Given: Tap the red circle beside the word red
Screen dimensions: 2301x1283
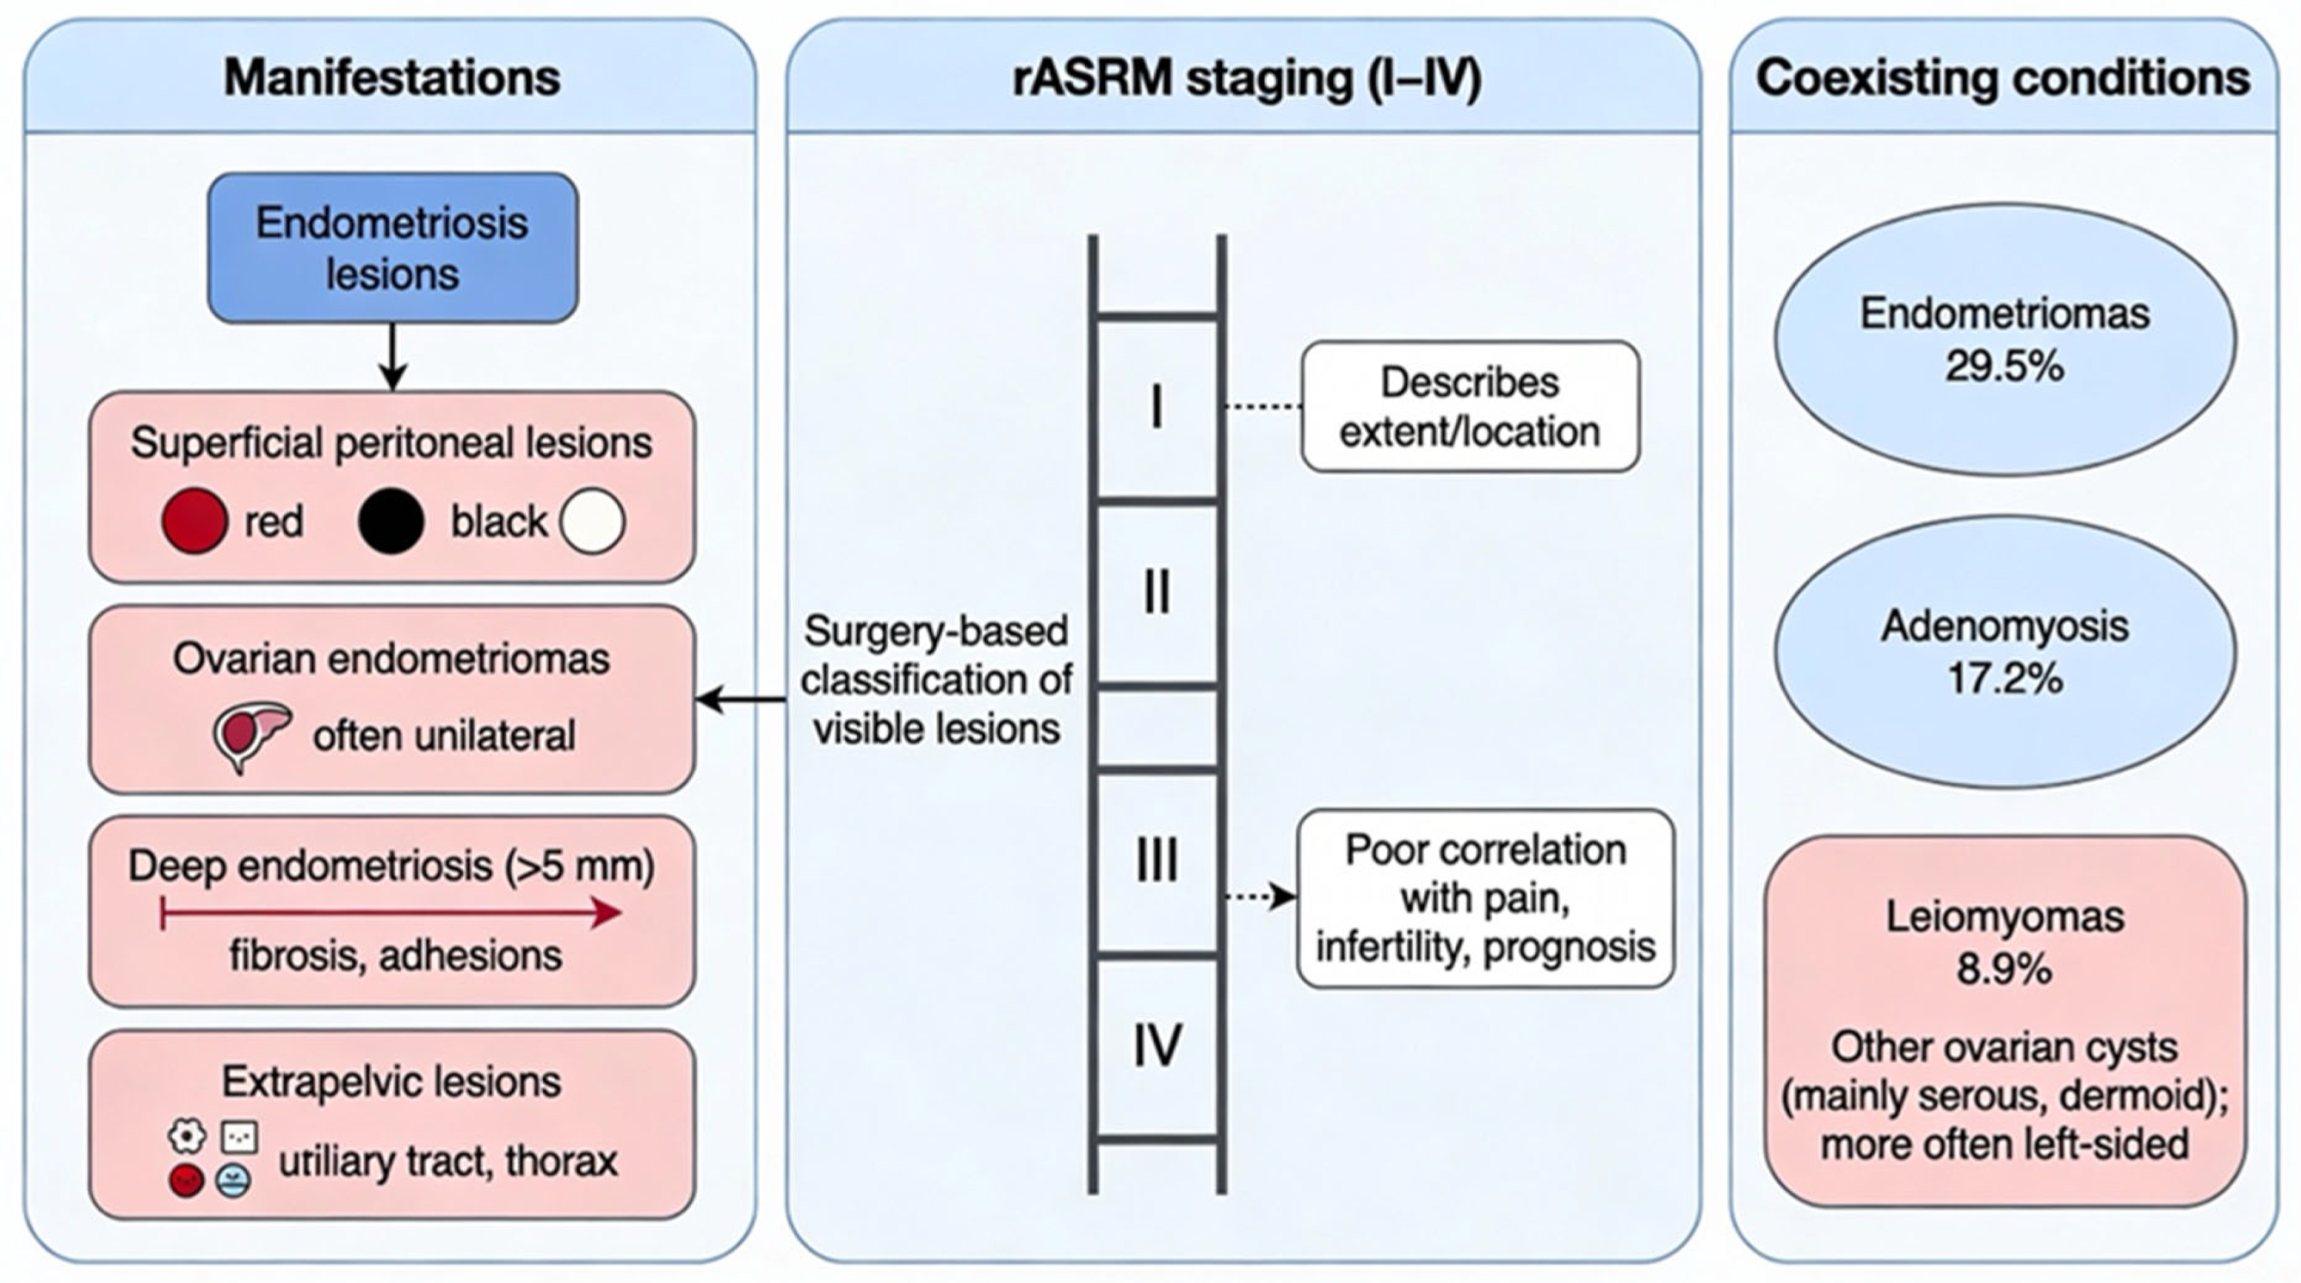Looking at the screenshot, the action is [x=194, y=520].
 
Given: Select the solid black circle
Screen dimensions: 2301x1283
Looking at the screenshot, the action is [x=390, y=520].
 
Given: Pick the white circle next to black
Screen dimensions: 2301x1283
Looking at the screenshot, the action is [x=592, y=520].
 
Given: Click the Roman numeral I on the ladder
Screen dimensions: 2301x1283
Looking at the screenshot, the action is [x=1157, y=407].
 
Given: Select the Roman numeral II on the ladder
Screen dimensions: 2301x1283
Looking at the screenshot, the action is [x=1157, y=592].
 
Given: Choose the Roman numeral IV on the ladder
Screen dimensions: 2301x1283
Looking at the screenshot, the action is [x=1158, y=1045].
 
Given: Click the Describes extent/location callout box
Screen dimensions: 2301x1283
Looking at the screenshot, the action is [x=1471, y=407].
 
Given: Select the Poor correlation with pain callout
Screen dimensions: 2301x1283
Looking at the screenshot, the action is [x=1486, y=898].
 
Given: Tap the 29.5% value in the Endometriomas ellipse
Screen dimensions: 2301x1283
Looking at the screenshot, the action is [x=2005, y=366].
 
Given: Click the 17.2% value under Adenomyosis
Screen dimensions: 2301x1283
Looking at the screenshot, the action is [x=2005, y=679].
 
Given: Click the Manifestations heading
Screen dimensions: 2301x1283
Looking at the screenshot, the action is [x=392, y=78].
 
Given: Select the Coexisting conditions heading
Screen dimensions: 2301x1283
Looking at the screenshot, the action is [x=2004, y=78].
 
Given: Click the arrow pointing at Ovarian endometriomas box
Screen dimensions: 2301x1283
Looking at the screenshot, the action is [x=741, y=700].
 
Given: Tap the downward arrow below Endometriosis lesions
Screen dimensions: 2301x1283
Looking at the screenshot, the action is [x=393, y=357].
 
